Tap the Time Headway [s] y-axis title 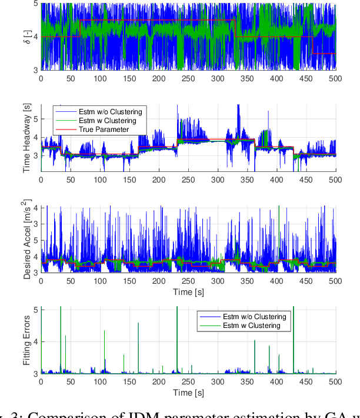click(27, 138)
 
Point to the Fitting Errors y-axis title click(27, 341)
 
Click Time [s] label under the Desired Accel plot click(188, 291)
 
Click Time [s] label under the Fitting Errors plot click(188, 393)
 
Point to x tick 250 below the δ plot click(188, 78)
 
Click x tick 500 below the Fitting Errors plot click(335, 383)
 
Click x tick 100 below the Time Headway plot click(99, 180)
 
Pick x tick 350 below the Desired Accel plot click(246, 281)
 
